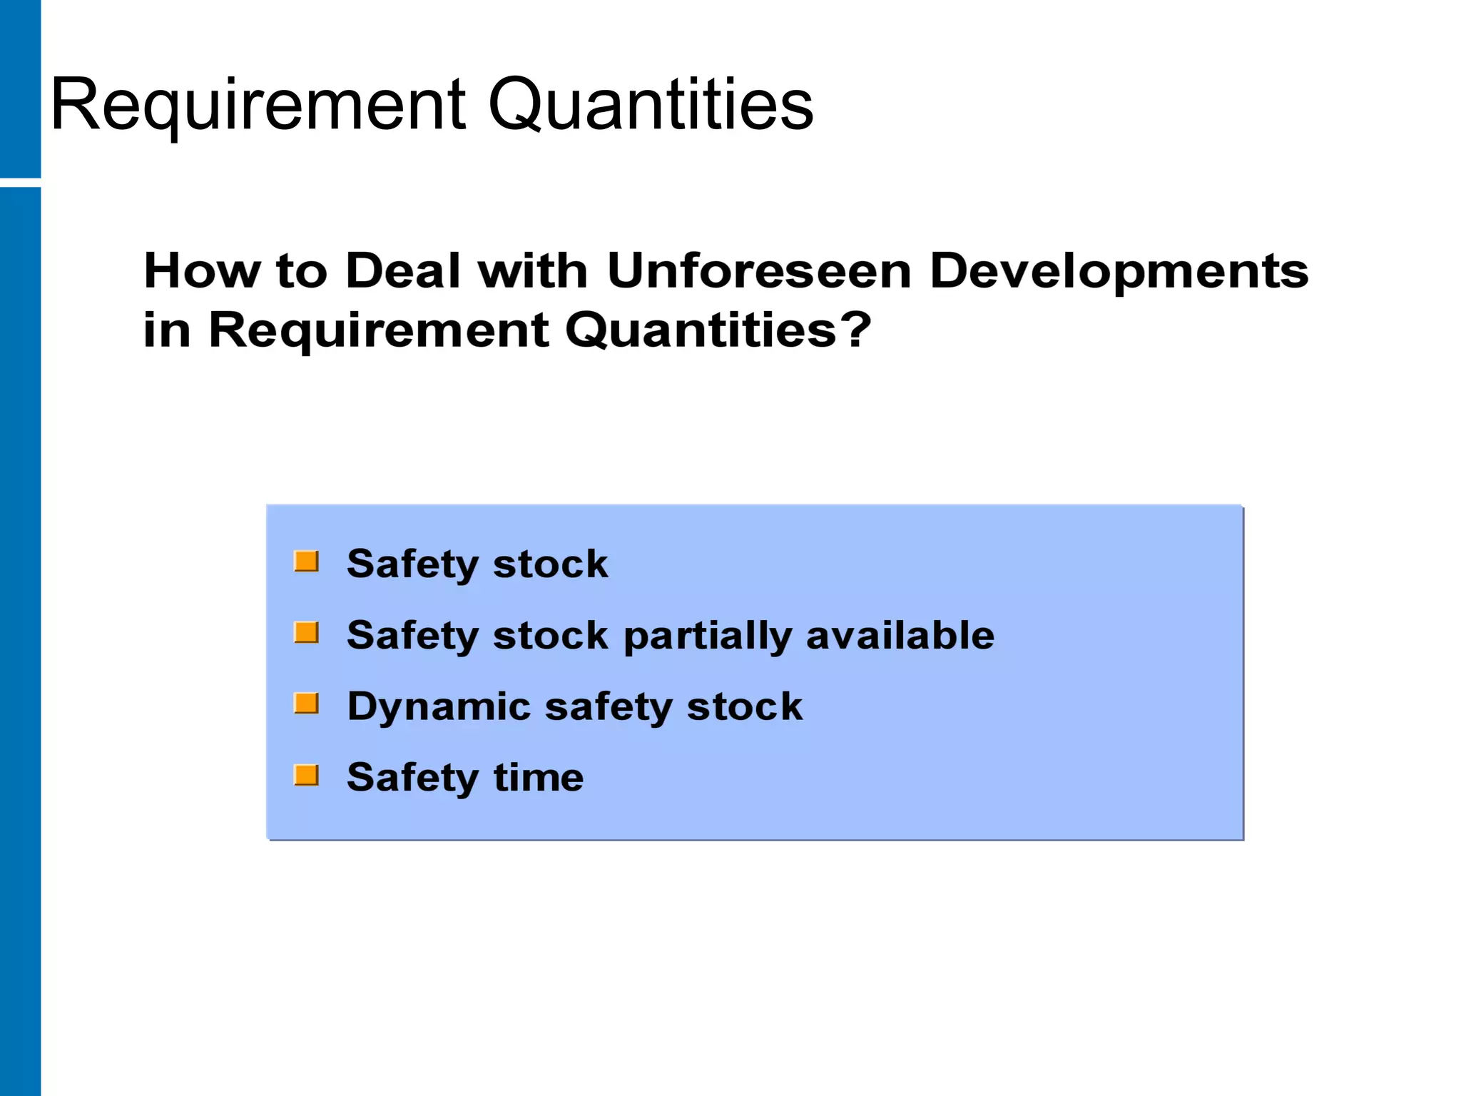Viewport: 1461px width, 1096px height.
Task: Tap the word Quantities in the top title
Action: click(x=650, y=105)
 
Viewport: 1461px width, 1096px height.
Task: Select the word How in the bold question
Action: click(x=201, y=271)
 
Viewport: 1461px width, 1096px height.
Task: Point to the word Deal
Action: click(x=403, y=271)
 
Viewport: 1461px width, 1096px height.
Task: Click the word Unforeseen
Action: click(x=759, y=271)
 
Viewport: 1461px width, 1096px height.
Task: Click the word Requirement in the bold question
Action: click(x=378, y=331)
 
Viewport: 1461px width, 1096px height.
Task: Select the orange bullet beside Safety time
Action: click(x=307, y=775)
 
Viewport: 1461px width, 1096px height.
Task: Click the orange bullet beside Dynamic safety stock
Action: click(x=307, y=704)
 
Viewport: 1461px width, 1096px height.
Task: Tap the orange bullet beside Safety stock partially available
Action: click(x=307, y=633)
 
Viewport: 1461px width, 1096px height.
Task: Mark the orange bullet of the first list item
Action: click(x=307, y=562)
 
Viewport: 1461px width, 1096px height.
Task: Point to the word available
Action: click(x=900, y=635)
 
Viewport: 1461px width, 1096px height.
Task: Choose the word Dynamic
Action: click(x=439, y=707)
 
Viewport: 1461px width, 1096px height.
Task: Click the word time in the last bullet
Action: click(x=539, y=777)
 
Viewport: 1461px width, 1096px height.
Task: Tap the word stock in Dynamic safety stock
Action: click(x=744, y=706)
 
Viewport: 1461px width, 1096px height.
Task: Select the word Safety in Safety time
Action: click(x=412, y=778)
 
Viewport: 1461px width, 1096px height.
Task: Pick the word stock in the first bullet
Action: click(x=550, y=564)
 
